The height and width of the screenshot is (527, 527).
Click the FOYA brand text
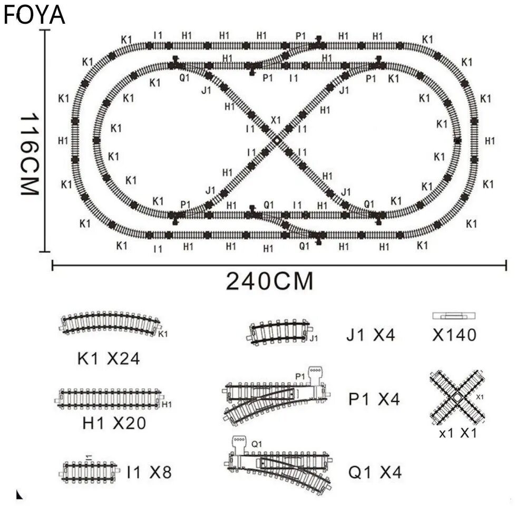click(34, 15)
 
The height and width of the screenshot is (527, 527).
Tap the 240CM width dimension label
click(269, 281)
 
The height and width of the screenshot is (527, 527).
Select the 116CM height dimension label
click(29, 154)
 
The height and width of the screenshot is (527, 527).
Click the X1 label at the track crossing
click(276, 120)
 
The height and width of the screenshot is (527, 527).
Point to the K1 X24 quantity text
click(108, 358)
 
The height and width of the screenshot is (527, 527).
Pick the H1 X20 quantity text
click(114, 423)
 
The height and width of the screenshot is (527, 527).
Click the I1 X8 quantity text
click(149, 472)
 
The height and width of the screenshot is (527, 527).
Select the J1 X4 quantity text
click(370, 335)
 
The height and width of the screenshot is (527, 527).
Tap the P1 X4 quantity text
click(374, 399)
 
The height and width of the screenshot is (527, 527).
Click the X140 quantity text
click(454, 335)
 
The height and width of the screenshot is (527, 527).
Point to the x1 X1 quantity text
click(458, 433)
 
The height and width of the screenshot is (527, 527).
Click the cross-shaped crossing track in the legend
click(457, 397)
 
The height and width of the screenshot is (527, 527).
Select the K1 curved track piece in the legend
click(110, 323)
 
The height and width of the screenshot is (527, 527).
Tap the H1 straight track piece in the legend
click(109, 399)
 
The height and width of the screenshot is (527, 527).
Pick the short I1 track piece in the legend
click(90, 472)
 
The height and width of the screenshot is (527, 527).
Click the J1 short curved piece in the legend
click(280, 332)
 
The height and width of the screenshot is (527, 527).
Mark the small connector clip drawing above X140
click(454, 316)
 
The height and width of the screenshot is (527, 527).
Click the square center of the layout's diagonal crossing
click(277, 141)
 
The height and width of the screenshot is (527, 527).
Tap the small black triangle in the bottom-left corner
click(19, 495)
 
